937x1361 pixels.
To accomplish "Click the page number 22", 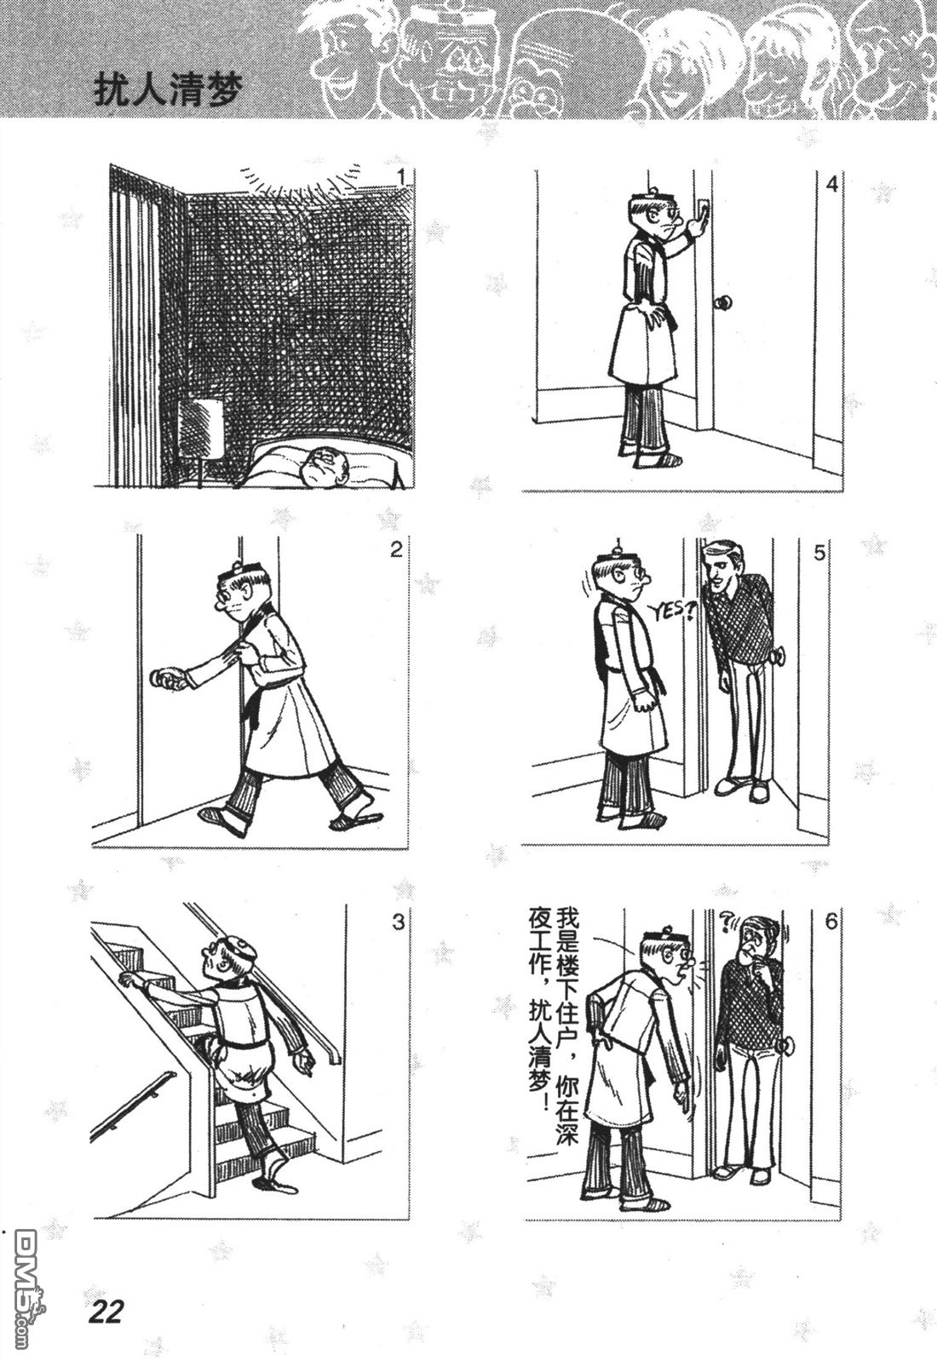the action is [106, 1311].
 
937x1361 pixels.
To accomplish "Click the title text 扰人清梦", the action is [169, 92].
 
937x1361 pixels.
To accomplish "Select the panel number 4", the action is [832, 184].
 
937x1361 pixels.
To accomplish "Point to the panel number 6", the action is [831, 922].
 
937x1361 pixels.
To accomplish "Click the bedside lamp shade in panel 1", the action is [200, 428].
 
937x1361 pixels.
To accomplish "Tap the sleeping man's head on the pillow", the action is [326, 466].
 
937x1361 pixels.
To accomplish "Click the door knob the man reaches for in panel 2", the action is [160, 678].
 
